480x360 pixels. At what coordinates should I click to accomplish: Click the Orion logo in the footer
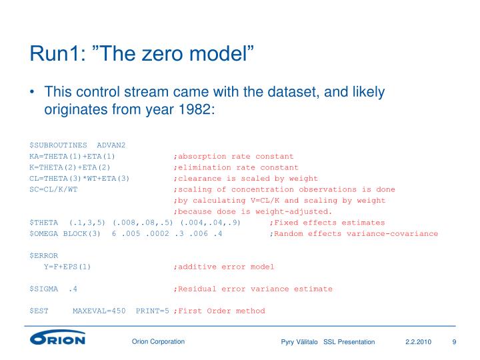click(x=57, y=339)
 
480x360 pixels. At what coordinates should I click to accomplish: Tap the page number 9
click(x=454, y=342)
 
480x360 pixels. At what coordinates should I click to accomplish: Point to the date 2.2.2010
click(x=418, y=342)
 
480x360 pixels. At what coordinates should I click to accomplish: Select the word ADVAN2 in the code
click(x=111, y=145)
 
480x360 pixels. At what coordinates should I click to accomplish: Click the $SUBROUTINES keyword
click(x=58, y=145)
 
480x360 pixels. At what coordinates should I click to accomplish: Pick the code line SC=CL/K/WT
click(x=53, y=189)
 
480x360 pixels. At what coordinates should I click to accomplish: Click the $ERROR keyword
click(x=43, y=255)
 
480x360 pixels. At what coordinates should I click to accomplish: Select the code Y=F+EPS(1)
click(x=67, y=267)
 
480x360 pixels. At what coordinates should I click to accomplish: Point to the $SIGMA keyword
click(x=43, y=289)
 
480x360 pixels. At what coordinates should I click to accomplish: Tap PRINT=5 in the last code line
click(x=152, y=311)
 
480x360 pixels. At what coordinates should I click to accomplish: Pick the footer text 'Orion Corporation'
click(x=158, y=342)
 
